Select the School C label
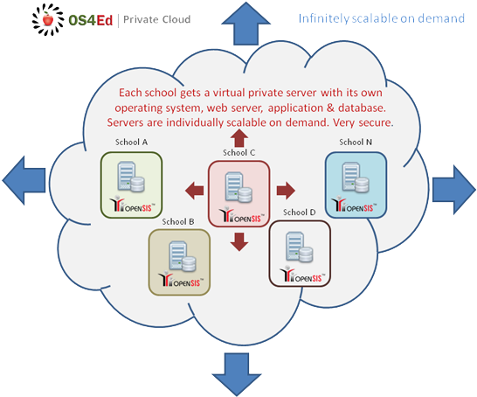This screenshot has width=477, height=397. point(238,152)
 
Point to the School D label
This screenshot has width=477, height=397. point(300,212)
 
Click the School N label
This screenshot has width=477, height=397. point(356,142)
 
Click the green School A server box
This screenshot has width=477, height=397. point(132,185)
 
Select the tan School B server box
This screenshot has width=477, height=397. point(179,261)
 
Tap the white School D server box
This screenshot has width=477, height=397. point(299,254)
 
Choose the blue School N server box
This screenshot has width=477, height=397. point(356,184)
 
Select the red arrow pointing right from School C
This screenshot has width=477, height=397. point(285,189)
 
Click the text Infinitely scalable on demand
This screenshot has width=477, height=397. point(382,17)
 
